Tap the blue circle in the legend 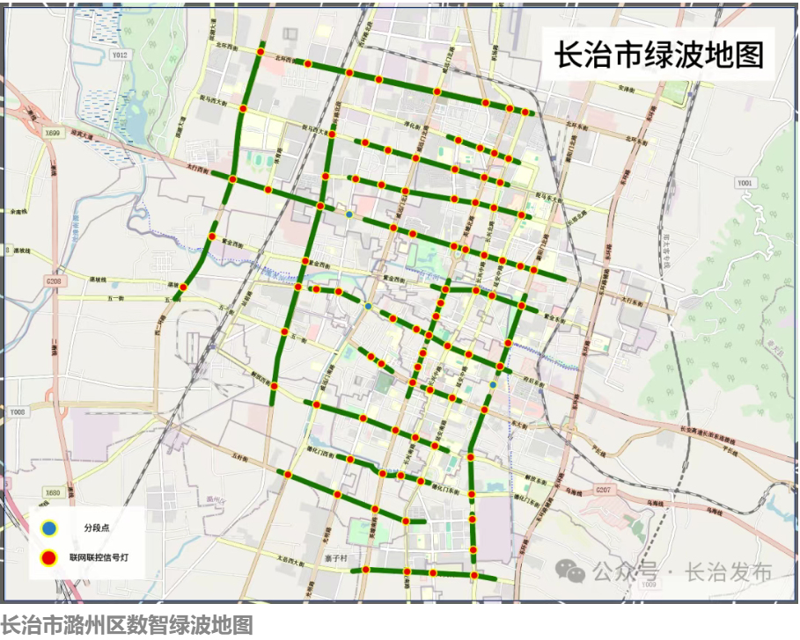(x=50, y=527)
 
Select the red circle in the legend (x=50, y=557)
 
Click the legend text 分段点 (x=96, y=527)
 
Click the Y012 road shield (x=120, y=55)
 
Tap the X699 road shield (x=54, y=133)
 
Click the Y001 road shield (x=746, y=183)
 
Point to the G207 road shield (x=602, y=489)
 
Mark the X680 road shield (x=54, y=493)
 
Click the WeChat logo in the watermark (x=576, y=572)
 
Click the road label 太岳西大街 (x=295, y=558)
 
